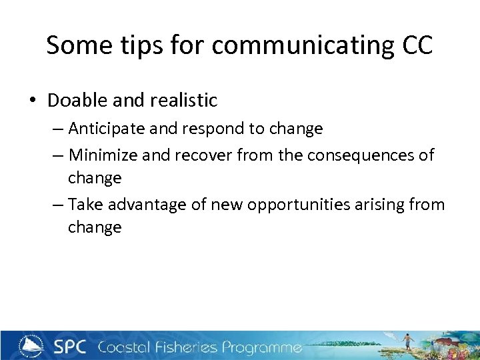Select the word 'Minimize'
tap(102, 155)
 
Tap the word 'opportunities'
tap(296, 205)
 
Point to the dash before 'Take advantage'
tap(58, 205)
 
